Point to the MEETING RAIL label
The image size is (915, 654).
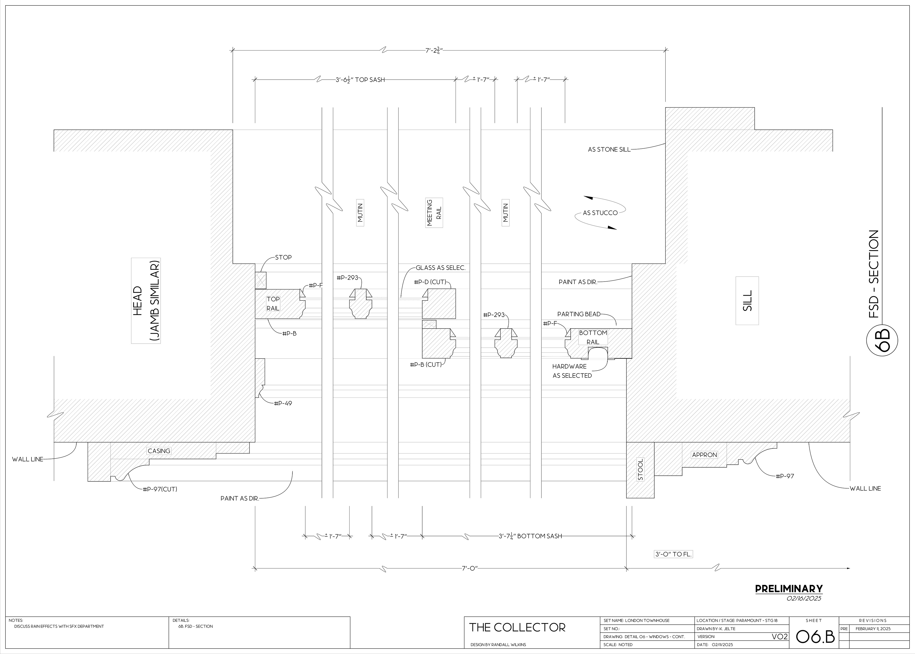click(x=434, y=213)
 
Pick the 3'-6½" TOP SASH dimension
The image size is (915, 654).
click(x=360, y=80)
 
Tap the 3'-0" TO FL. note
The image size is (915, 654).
click(x=673, y=554)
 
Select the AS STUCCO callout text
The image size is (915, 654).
click(x=600, y=213)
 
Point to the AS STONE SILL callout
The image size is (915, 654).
click(x=609, y=149)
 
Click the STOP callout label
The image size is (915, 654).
click(x=283, y=257)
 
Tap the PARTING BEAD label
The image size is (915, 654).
click(x=579, y=314)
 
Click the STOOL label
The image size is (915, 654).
click(x=640, y=469)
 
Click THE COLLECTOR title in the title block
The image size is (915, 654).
click(x=517, y=627)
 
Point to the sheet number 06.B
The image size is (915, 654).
click(x=815, y=636)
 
